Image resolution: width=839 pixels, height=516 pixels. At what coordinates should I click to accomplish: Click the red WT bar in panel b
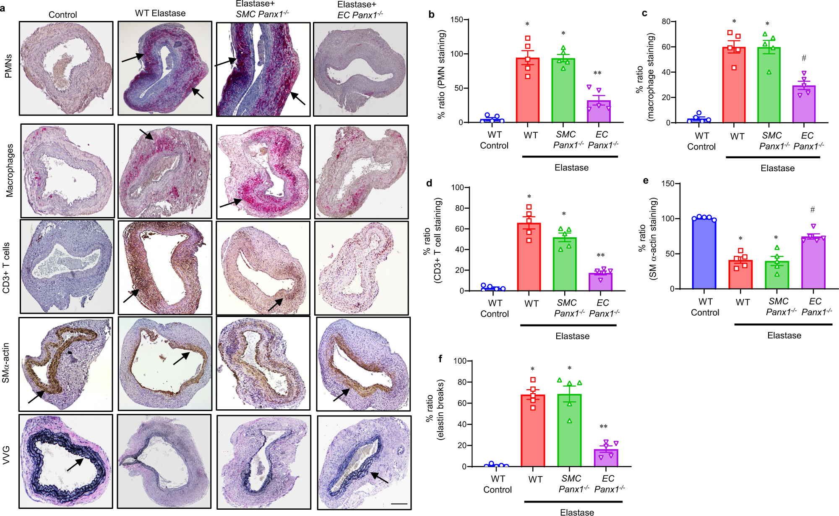pos(527,90)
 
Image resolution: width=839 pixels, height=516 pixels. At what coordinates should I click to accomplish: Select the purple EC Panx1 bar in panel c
pos(804,105)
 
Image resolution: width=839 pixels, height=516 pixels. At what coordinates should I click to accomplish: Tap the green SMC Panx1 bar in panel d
pos(565,265)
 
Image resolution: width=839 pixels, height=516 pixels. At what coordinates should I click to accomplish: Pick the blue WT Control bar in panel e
pos(704,254)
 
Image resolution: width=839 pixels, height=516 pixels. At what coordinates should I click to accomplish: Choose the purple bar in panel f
pos(606,458)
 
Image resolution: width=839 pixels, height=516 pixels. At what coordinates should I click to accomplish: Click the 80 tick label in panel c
pos(666,21)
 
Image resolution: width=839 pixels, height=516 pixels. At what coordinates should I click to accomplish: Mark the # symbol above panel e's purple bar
pos(813,210)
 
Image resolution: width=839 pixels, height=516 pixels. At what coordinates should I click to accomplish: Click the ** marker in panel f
pos(603,427)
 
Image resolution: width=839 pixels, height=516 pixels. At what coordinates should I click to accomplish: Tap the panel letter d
pos(429,183)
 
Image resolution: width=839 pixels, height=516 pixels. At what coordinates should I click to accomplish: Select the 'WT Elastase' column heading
pos(160,13)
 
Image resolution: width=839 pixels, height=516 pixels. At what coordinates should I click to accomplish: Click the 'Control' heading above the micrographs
pos(63,15)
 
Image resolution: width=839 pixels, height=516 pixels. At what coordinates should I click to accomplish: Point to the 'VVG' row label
pos(7,455)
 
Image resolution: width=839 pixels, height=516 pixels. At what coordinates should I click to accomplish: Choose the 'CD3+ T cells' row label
pos(7,268)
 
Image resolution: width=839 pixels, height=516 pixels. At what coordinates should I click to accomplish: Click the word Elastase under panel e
pos(784,335)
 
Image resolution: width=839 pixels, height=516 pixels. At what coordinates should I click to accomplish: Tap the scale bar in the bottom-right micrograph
pos(399,503)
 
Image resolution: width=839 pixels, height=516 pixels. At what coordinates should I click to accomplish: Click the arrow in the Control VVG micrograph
pos(76,464)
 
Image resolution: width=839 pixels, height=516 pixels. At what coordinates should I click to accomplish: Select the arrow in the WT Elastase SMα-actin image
pos(182,358)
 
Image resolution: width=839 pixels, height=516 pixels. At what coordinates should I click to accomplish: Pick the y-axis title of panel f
pos(435,410)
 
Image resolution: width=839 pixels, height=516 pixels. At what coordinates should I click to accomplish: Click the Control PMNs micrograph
pos(66,68)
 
